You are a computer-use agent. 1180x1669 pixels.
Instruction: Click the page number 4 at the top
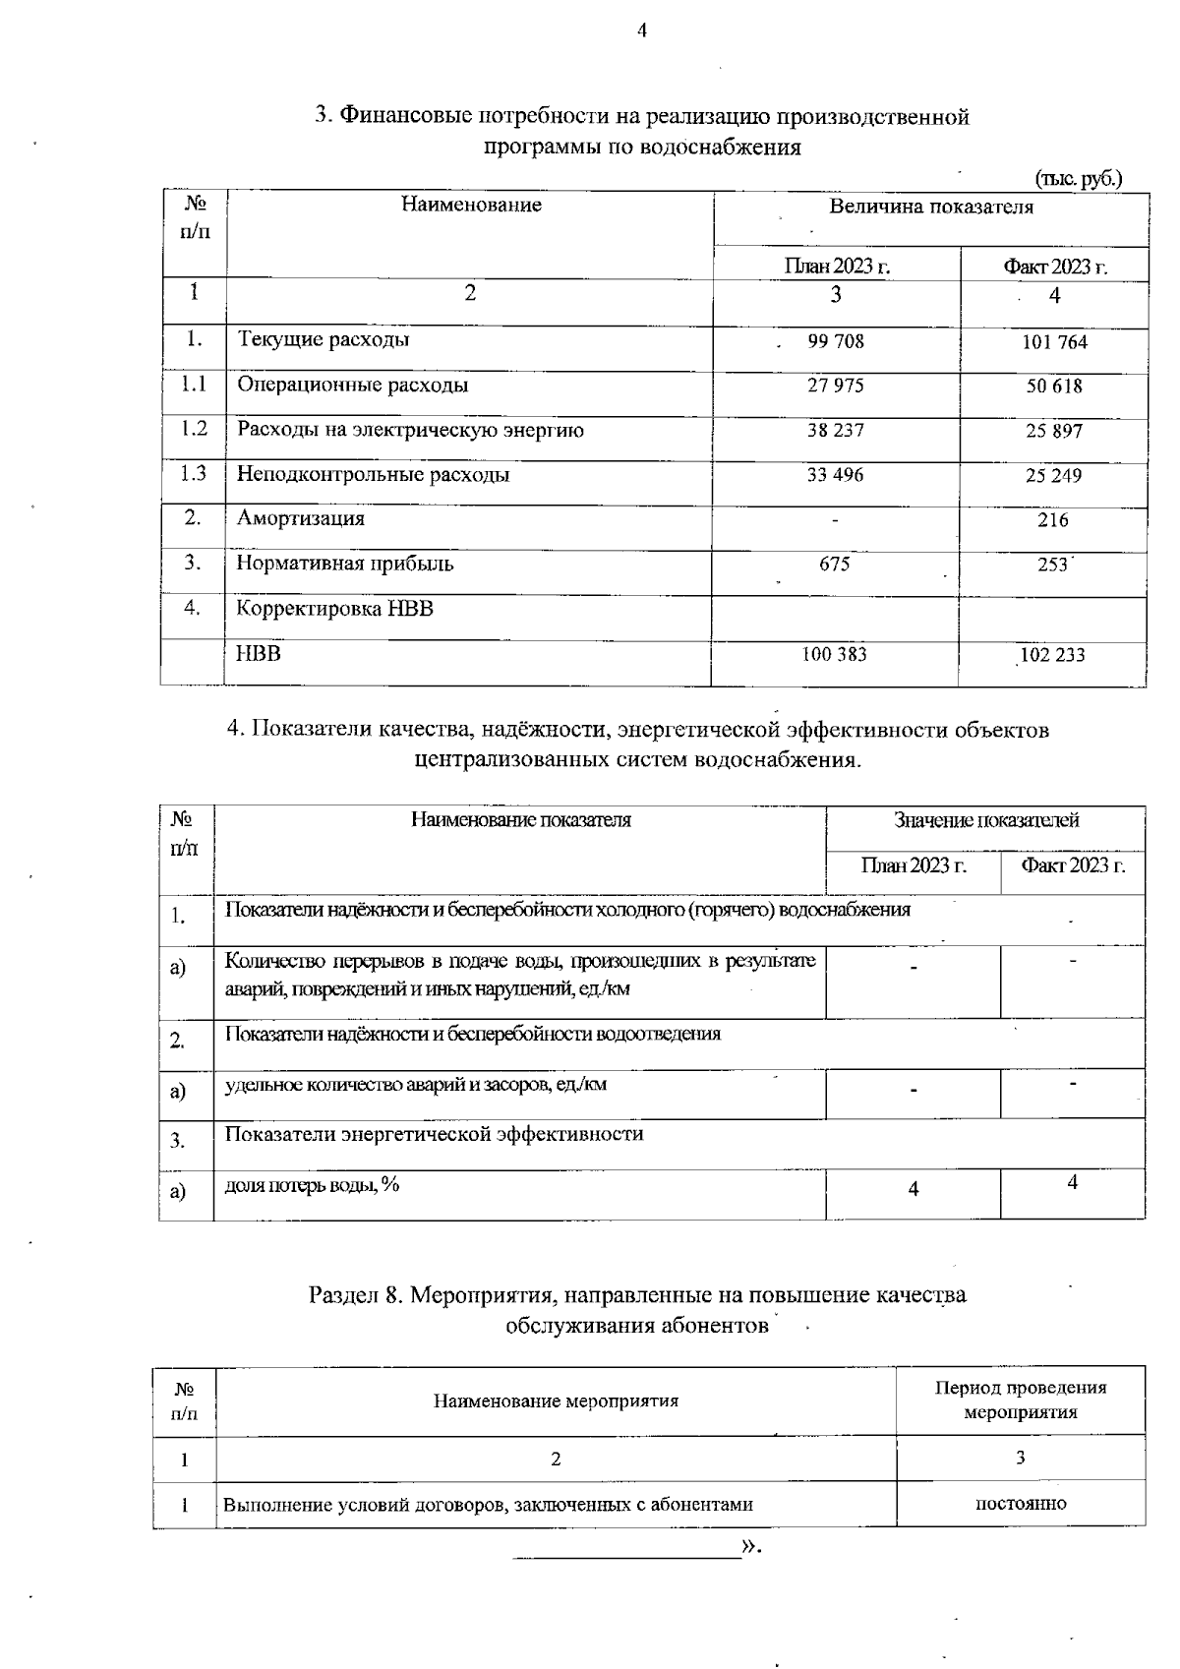tap(642, 30)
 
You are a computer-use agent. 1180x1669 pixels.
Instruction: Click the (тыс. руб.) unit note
tap(1078, 179)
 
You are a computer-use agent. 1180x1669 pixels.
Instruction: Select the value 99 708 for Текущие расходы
tap(835, 341)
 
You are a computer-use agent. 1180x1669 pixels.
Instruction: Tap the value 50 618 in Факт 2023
tap(1054, 387)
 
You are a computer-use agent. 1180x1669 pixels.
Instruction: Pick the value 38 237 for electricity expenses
tap(835, 431)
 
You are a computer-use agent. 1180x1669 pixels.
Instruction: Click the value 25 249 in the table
tap(1053, 476)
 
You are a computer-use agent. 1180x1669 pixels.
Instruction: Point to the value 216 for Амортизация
tap(1052, 520)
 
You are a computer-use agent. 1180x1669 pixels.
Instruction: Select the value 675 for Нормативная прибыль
tap(835, 565)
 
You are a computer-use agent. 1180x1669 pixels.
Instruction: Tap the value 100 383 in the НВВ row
tap(835, 654)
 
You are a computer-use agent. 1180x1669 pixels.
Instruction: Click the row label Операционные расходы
tap(352, 385)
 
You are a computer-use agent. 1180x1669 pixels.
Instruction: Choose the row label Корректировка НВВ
tap(334, 609)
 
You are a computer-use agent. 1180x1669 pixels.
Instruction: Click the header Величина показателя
tap(930, 207)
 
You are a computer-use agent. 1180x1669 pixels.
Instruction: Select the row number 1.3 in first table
tap(194, 474)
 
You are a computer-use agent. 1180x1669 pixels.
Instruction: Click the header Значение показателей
tap(985, 820)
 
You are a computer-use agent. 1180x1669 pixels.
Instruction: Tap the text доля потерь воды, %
tap(313, 1185)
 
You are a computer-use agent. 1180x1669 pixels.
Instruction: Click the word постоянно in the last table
tap(1020, 1504)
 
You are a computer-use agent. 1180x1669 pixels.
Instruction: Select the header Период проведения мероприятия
tap(1020, 1400)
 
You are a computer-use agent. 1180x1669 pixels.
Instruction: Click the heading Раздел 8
tap(356, 1295)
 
